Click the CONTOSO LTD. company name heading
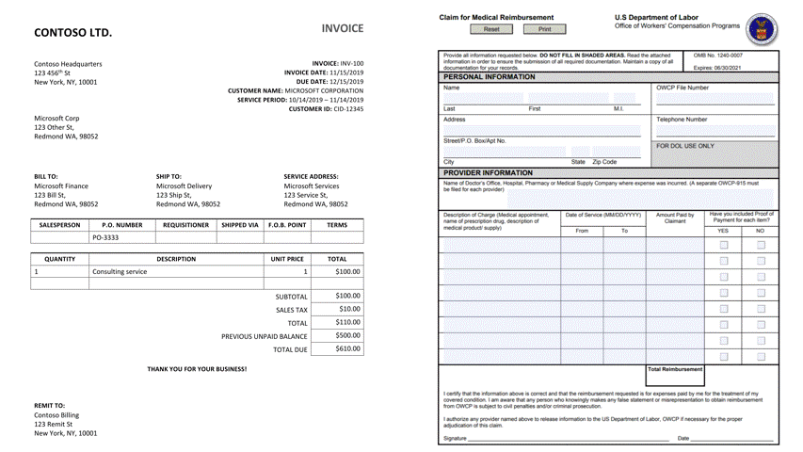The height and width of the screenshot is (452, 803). (72, 33)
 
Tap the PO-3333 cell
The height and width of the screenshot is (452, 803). (105, 238)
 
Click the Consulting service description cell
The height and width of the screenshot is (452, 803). (120, 271)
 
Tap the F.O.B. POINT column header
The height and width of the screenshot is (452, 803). (286, 225)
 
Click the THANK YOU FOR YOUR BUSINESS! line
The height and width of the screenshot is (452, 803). (197, 369)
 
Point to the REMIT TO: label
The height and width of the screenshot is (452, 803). (50, 405)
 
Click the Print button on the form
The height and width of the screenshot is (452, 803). (544, 29)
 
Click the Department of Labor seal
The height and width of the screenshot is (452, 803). (761, 29)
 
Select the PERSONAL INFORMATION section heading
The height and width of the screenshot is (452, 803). (489, 76)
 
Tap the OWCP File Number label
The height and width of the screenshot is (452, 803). (682, 88)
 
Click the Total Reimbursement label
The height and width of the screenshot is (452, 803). (674, 369)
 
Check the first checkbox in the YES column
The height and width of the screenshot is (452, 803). (723, 245)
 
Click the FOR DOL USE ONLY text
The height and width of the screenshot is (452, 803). (685, 146)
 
